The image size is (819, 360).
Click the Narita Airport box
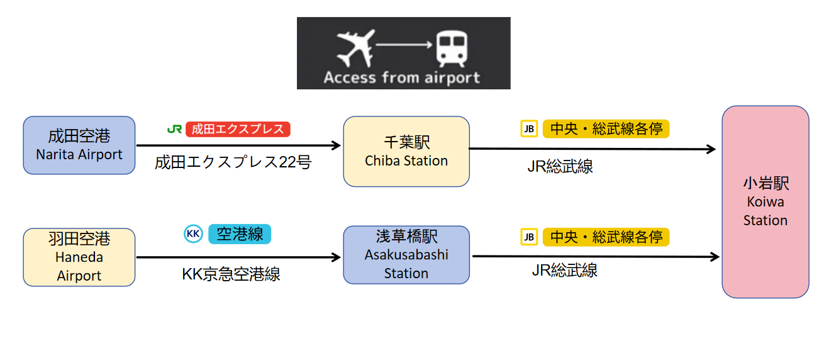point(79,145)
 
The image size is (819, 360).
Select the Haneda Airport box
point(79,257)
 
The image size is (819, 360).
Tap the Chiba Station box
point(406,152)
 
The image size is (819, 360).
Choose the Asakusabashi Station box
point(406,255)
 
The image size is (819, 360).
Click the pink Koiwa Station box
point(766,202)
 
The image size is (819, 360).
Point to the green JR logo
point(174,129)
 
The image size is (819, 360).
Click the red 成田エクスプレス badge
point(238,129)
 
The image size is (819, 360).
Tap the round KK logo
point(193,233)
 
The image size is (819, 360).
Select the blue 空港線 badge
point(240,234)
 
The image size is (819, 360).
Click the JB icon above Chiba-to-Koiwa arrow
point(529,129)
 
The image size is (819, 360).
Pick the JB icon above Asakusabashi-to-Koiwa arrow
point(529,237)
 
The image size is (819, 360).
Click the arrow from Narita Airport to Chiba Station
point(238,145)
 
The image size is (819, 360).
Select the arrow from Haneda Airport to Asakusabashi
point(238,257)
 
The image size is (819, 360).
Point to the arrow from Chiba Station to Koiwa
point(593,149)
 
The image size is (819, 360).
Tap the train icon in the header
point(452,48)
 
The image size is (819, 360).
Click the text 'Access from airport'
point(402,77)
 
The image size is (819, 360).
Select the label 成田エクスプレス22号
point(233,162)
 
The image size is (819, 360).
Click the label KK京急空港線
point(231,274)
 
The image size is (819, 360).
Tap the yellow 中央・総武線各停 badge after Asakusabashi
point(606,237)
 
